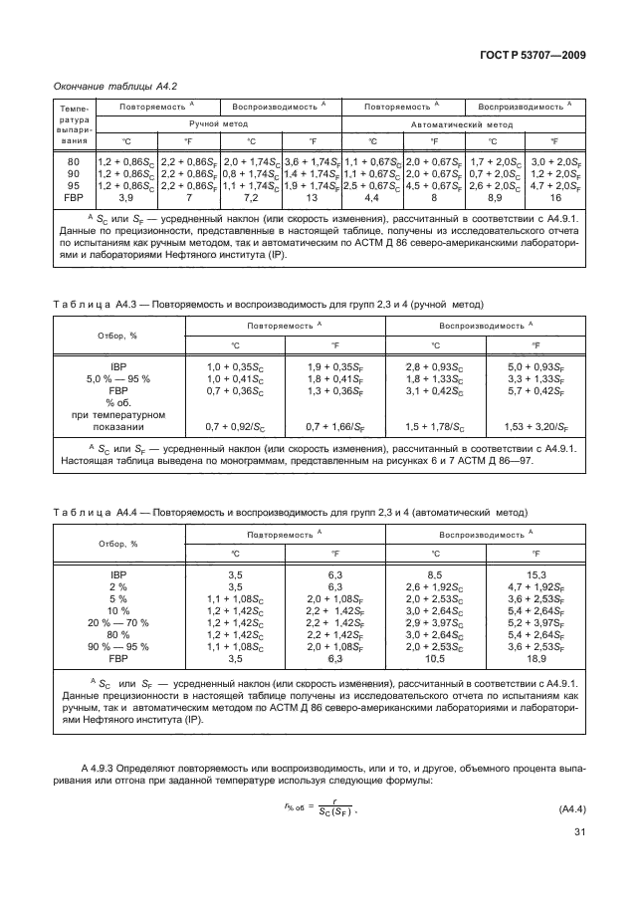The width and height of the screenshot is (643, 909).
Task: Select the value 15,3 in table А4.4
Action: [x=536, y=574]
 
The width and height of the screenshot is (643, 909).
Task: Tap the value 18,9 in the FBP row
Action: [x=536, y=658]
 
